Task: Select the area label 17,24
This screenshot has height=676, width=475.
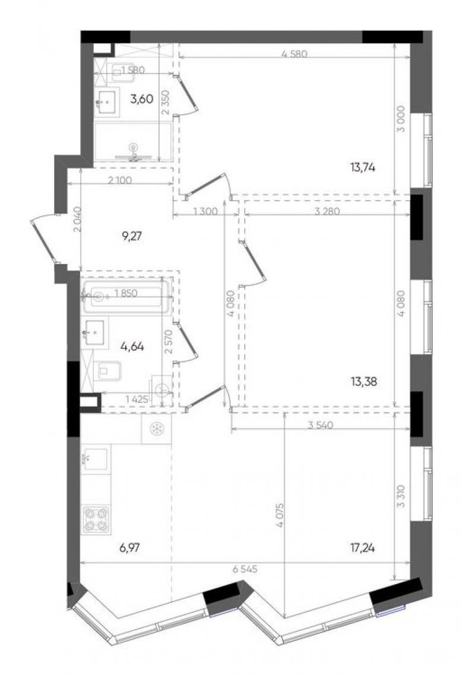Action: click(x=363, y=548)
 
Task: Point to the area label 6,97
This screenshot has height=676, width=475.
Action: click(x=129, y=548)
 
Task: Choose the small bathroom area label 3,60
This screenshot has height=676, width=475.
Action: click(x=141, y=99)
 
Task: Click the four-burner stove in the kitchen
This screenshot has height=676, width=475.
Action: click(x=96, y=519)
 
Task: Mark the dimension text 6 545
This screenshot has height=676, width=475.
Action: click(x=245, y=569)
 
